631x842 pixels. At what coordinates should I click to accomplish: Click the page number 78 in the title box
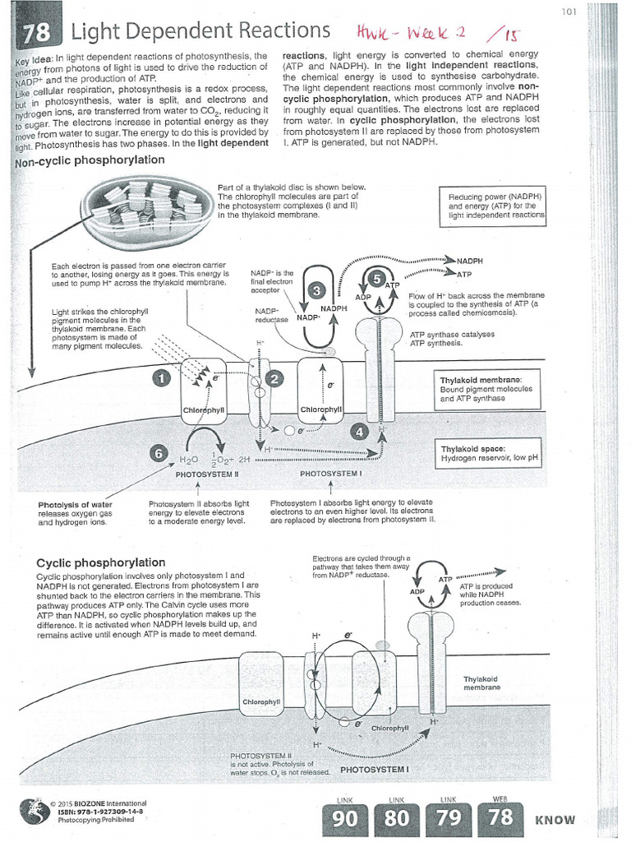[36, 33]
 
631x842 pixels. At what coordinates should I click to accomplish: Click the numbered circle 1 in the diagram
[162, 377]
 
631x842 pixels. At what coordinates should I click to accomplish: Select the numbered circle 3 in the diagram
[319, 289]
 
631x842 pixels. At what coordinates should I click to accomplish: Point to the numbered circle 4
[358, 430]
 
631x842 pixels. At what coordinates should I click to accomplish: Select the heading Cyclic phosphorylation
[101, 562]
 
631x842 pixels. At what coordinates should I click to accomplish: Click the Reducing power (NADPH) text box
[495, 206]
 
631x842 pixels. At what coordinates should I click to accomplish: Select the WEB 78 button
[500, 817]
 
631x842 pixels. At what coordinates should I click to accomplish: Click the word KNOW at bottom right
[555, 820]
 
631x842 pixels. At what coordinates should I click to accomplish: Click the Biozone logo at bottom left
[34, 811]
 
